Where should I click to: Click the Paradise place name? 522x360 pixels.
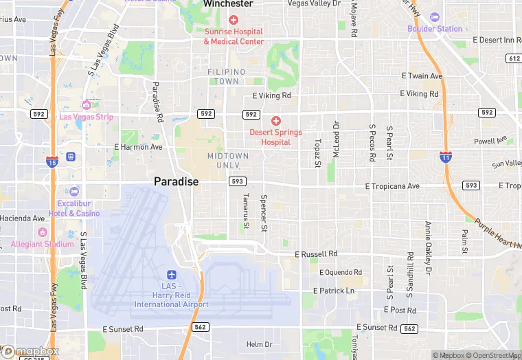point(176,181)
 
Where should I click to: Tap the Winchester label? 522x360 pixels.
point(228,4)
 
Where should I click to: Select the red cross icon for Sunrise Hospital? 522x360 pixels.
point(234,20)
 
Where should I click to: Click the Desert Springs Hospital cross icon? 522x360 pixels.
point(275,120)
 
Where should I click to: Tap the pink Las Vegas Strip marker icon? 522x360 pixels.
point(86,105)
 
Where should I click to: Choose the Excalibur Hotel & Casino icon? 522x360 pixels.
point(73,192)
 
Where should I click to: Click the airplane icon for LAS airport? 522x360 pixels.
point(171,274)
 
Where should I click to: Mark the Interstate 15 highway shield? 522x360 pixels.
point(52,162)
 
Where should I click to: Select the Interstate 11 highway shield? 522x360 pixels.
point(446,157)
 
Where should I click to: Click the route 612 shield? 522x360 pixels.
point(514,58)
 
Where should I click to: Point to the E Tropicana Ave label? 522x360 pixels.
point(392,186)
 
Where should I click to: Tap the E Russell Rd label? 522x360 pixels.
point(316,254)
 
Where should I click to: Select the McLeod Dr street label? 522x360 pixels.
point(336,139)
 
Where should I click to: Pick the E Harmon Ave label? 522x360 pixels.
point(138,147)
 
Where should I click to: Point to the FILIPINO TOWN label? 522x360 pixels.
point(227,76)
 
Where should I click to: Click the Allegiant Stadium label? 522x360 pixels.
point(42,244)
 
